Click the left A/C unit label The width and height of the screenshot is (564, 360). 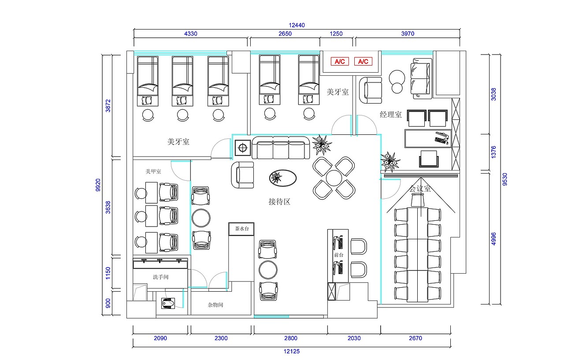tap(339, 62)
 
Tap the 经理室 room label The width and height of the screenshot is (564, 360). tap(391, 115)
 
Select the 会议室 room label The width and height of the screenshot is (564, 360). tap(419, 189)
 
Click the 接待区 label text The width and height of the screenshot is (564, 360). tap(279, 202)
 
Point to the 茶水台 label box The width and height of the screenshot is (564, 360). tap(241, 229)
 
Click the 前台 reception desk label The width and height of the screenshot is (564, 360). tap(338, 255)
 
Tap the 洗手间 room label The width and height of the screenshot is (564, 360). tap(161, 277)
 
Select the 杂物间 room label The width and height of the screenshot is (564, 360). tap(215, 305)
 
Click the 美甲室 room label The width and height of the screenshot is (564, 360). tap(153, 171)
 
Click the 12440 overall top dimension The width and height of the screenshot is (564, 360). tap(297, 25)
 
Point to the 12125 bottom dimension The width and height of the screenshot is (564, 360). tap(292, 351)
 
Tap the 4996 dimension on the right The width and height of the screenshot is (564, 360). tap(494, 238)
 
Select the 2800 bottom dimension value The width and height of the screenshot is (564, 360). tap(291, 338)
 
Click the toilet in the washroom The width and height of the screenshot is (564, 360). tap(168, 304)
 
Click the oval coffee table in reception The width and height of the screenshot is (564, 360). tap(282, 178)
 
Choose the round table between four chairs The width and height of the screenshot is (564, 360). tap(334, 178)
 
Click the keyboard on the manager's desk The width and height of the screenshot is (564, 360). tap(439, 140)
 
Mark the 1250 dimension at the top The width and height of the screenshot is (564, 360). tap(337, 33)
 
